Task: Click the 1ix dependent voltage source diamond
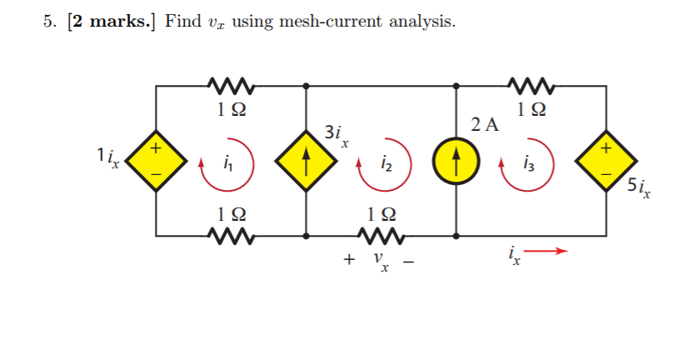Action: click(x=157, y=160)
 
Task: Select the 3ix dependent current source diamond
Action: click(x=307, y=160)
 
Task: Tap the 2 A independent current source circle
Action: click(x=457, y=160)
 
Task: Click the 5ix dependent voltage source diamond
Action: click(x=606, y=160)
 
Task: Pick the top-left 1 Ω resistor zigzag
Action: click(x=231, y=85)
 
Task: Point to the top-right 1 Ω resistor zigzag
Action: click(x=531, y=85)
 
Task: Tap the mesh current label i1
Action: click(x=228, y=164)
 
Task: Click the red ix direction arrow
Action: click(x=550, y=250)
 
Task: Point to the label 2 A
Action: click(x=485, y=126)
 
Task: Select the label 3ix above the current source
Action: click(x=335, y=135)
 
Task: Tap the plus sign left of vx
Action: click(x=349, y=260)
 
